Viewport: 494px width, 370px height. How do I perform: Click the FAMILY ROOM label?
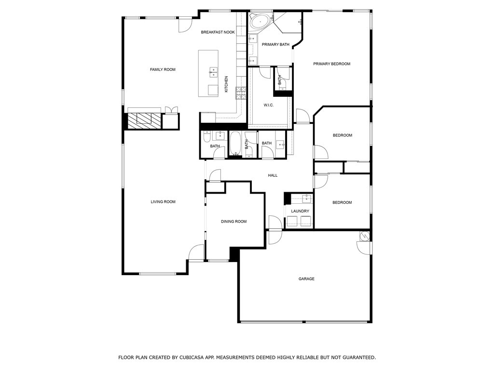(163, 70)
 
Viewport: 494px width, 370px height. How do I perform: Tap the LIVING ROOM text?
(163, 202)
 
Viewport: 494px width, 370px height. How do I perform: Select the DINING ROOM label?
(233, 222)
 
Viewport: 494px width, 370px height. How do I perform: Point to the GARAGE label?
(306, 279)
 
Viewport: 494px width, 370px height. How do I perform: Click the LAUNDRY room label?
(300, 211)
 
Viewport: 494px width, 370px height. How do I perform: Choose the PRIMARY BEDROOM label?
(331, 64)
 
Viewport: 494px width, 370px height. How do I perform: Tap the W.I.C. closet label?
(269, 105)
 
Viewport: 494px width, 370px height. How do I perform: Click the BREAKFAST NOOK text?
(218, 32)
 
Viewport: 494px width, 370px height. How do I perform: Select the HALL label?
(273, 175)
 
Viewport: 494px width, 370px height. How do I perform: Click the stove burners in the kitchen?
(241, 92)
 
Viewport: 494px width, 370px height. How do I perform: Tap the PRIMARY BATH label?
(275, 45)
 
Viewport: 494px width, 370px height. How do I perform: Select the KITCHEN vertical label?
(226, 84)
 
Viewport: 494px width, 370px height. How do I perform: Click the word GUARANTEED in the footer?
(353, 357)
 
